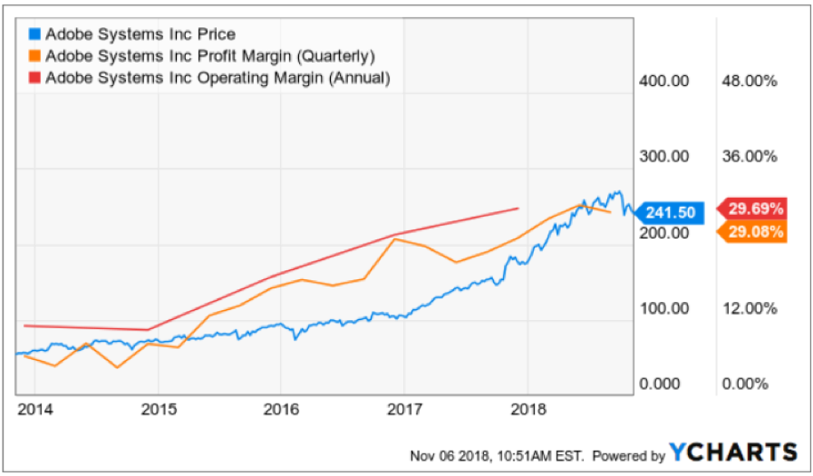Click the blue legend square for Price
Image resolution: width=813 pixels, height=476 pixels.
(x=35, y=34)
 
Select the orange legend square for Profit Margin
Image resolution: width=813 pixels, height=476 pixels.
(x=35, y=56)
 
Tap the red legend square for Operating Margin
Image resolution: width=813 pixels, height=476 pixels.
(x=35, y=78)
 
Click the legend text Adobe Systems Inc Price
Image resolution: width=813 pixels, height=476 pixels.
(x=140, y=34)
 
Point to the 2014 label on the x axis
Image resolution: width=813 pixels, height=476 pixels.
(x=35, y=409)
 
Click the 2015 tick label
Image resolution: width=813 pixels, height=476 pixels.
(x=159, y=409)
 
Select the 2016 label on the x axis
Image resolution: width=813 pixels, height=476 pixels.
(x=281, y=409)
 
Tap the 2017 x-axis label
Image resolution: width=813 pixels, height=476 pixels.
(x=405, y=409)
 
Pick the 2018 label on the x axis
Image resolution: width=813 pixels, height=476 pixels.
(x=527, y=409)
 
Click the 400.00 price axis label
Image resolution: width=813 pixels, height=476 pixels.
(x=665, y=81)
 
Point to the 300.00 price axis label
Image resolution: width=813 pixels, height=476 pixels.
(x=665, y=156)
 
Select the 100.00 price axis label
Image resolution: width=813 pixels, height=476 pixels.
(x=665, y=308)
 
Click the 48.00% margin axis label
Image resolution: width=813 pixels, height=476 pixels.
(x=748, y=81)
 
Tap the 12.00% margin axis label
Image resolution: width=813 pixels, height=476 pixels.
(x=748, y=308)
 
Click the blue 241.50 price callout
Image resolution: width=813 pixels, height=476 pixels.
(x=669, y=213)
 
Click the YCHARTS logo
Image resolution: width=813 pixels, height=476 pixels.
(x=734, y=452)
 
